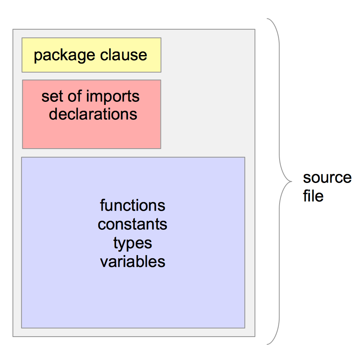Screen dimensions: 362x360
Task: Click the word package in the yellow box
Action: pos(65,55)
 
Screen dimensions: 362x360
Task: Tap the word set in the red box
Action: pos(52,96)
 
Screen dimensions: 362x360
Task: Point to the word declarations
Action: pos(93,114)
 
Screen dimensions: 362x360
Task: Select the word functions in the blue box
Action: pos(132,205)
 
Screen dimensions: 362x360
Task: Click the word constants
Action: pos(132,224)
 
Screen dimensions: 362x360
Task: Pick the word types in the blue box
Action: pos(132,243)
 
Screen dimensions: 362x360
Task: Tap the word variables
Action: pos(132,261)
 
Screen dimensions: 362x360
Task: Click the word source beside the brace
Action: pos(327,177)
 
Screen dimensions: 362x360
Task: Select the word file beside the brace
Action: pos(313,196)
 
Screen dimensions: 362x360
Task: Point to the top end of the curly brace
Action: pos(267,19)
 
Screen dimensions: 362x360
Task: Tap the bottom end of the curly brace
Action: pos(267,344)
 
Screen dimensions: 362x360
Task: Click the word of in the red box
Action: pos(73,96)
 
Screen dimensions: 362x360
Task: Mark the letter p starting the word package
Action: pos(38,56)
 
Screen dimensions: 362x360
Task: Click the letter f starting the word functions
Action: pos(102,205)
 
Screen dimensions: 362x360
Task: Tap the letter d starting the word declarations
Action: pos(53,114)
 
